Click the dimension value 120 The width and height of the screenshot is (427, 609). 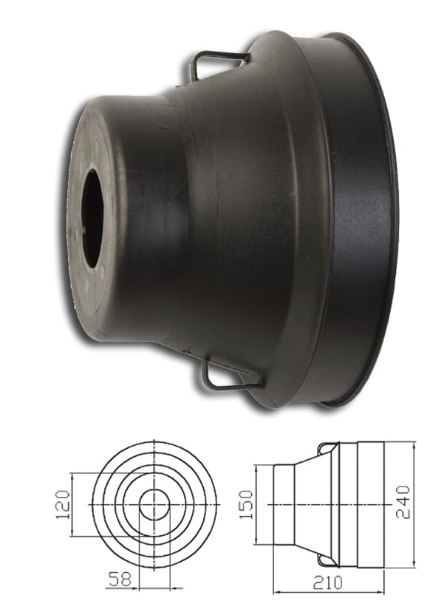pyautogui.click(x=62, y=503)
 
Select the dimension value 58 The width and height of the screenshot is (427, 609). pyautogui.click(x=118, y=580)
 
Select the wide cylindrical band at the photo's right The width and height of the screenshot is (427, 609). pyautogui.click(x=355, y=221)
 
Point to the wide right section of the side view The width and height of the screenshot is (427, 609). pyautogui.click(x=373, y=503)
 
